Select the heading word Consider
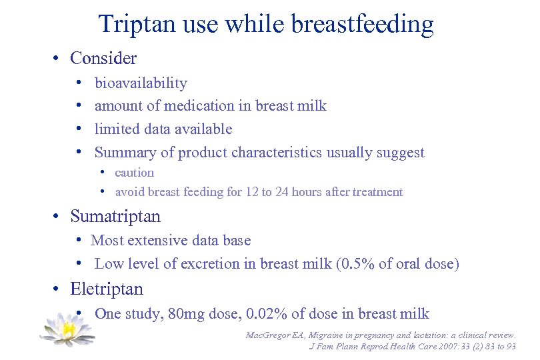[x=103, y=58]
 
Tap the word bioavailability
[x=141, y=83]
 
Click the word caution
[x=134, y=173]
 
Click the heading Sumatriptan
[x=115, y=217]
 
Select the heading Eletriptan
[x=107, y=289]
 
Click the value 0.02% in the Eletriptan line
[x=269, y=313]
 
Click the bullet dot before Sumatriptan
[x=59, y=217]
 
